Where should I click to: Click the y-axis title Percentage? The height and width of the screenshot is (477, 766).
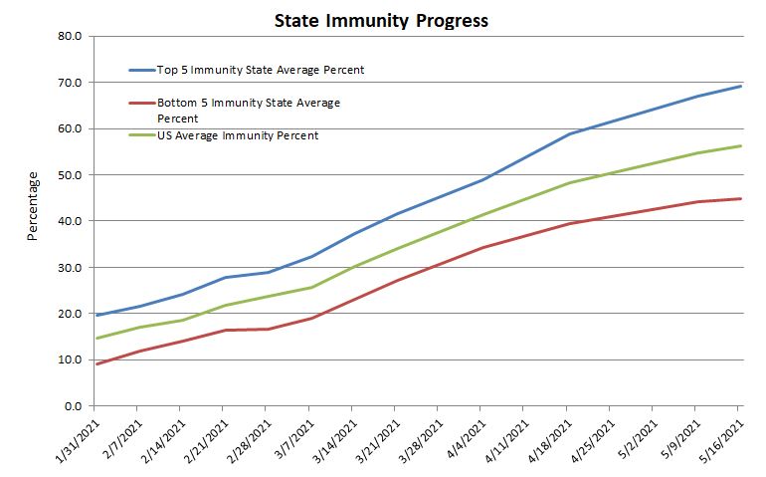[x=32, y=205]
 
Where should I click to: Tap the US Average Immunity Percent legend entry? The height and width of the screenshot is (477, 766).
[x=238, y=135]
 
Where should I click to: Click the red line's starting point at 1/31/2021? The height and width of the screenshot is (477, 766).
[x=95, y=364]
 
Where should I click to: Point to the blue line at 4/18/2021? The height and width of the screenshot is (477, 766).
[x=567, y=134]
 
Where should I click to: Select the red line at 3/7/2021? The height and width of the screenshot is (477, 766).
[x=309, y=319]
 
